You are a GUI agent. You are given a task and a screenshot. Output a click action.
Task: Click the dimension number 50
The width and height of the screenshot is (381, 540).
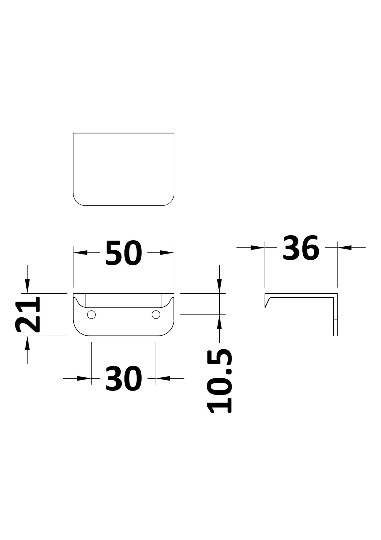(124, 253)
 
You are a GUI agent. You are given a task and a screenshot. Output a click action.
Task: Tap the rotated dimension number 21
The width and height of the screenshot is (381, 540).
(28, 314)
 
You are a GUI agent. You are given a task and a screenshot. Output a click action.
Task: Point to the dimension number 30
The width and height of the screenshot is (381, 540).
(124, 378)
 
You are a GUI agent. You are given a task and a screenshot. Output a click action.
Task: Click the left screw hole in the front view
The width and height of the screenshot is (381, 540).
(91, 315)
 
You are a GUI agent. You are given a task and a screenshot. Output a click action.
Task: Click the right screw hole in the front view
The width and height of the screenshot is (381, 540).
(156, 315)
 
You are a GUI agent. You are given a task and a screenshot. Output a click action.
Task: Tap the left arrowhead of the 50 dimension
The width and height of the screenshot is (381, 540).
(80, 253)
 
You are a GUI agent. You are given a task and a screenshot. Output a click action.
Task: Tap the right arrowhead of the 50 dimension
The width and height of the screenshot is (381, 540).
(167, 253)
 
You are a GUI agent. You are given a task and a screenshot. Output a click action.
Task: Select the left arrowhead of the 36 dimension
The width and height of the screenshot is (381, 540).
(258, 248)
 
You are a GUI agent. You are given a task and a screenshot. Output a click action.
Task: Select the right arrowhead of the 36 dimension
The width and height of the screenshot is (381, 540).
(344, 248)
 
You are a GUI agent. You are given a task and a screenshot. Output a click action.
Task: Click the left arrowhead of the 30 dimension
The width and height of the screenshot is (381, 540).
(84, 378)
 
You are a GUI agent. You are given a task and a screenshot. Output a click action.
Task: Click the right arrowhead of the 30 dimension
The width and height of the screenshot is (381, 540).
(163, 378)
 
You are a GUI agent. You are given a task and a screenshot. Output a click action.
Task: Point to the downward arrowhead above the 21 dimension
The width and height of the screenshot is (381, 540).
(27, 287)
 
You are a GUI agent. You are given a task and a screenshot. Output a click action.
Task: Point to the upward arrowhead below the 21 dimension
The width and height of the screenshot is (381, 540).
(27, 342)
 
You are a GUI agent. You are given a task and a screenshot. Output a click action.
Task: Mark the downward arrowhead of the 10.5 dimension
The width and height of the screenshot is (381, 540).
(220, 287)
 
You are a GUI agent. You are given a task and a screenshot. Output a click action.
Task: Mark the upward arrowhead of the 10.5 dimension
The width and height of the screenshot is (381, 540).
(220, 321)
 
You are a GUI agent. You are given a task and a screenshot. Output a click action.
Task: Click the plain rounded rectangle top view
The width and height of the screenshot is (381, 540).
(123, 169)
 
